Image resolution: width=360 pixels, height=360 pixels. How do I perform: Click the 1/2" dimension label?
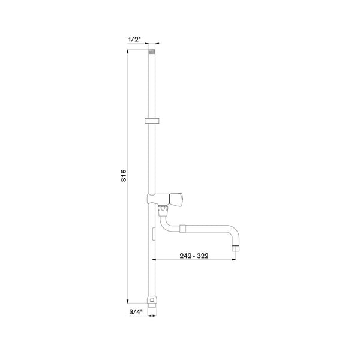[x=134, y=39]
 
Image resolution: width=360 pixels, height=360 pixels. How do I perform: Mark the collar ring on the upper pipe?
[x=152, y=121]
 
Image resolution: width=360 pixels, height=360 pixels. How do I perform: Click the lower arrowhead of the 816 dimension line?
[x=128, y=302]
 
